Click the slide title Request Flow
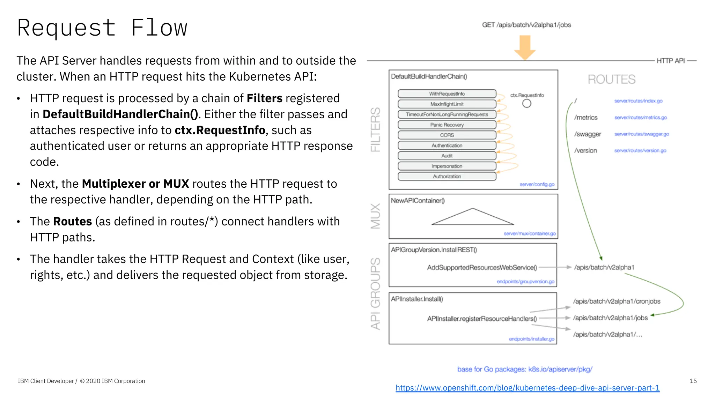coord(102,28)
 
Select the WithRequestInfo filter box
coord(447,94)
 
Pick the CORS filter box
coord(447,135)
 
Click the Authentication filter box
coord(447,146)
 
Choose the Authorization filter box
coord(447,177)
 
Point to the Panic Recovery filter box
coord(447,125)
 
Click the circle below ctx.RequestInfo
coord(526,103)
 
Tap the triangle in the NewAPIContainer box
coord(473,218)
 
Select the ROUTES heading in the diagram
coord(611,80)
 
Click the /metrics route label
coord(586,118)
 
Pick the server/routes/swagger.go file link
coord(642,134)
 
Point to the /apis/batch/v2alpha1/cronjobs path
coord(617,301)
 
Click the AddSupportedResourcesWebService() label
coord(482,267)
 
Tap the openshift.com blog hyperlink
coord(528,388)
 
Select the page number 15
coord(693,381)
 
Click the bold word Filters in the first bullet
coord(264,98)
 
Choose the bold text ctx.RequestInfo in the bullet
coord(220,130)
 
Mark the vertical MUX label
coord(376,216)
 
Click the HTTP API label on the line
coord(670,61)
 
